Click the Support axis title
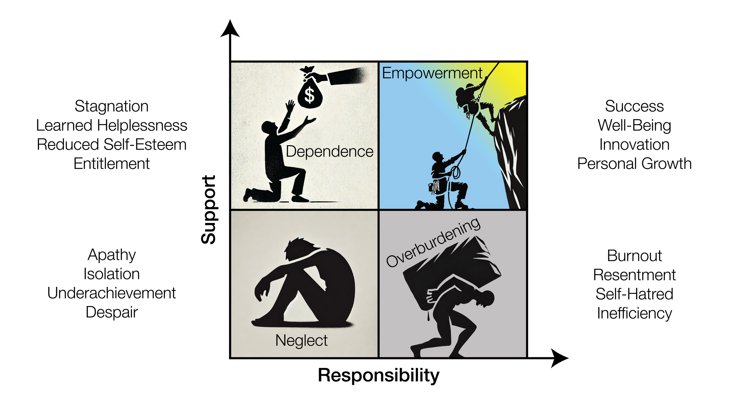(209, 210)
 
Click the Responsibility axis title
(379, 375)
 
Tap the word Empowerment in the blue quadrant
(432, 73)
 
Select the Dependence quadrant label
(329, 152)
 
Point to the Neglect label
(301, 340)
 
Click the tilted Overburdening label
(433, 242)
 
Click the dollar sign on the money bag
(310, 95)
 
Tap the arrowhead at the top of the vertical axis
(230, 29)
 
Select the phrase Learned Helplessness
(112, 125)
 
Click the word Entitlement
(112, 164)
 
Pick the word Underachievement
(112, 293)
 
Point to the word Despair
(112, 312)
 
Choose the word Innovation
(634, 145)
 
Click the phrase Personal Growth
(634, 164)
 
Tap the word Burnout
(634, 256)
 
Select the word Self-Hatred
(634, 294)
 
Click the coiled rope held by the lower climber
(455, 172)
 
